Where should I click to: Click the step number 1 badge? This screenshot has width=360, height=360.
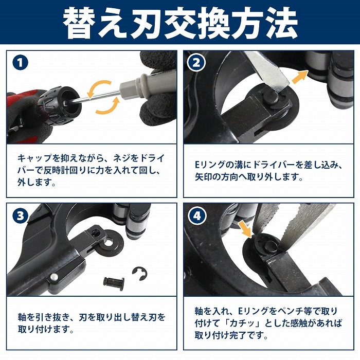tap(21, 63)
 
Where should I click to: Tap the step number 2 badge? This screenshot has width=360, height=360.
tap(196, 63)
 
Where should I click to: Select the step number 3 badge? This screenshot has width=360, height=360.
tap(21, 216)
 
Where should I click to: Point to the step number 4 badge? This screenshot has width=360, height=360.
tap(197, 216)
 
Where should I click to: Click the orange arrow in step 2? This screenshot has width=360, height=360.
tap(300, 77)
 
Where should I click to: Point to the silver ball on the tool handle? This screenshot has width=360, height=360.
tap(54, 277)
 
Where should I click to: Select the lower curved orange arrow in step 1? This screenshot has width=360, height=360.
tap(108, 105)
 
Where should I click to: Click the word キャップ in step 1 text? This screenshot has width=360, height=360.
tap(34, 158)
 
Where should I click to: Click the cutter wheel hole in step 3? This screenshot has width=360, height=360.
tap(109, 242)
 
